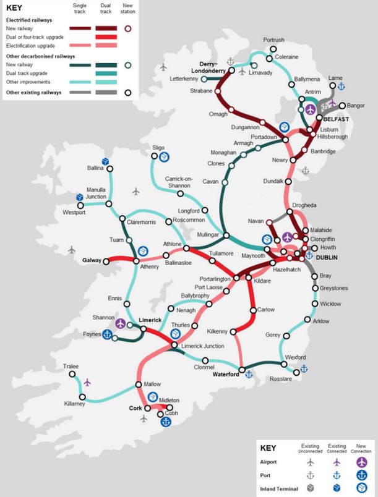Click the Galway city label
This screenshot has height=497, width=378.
92,261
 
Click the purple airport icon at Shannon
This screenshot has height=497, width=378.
120,323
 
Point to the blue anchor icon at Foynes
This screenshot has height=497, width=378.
106,335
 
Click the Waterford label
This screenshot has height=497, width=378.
225,374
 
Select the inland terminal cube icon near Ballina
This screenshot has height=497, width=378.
106,161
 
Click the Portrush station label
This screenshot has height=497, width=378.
273,40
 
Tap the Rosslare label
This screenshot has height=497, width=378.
281,378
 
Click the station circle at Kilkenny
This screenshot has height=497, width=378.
233,332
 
